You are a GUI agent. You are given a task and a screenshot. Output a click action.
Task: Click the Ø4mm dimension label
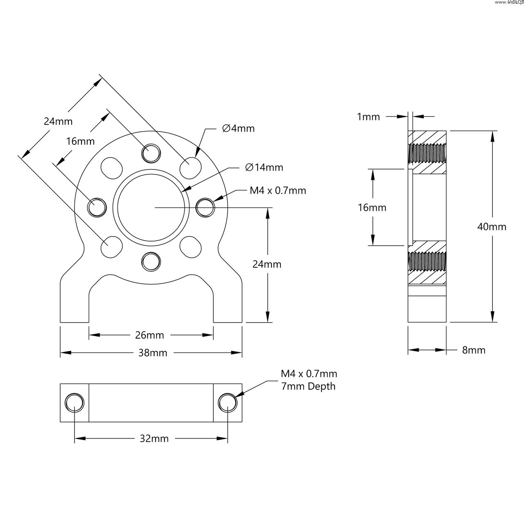click(x=238, y=129)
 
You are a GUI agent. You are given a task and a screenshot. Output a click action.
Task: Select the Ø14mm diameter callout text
click(x=264, y=167)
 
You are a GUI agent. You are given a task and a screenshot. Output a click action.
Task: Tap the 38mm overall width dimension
click(x=153, y=353)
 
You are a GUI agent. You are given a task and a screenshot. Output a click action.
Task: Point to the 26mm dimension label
click(x=149, y=335)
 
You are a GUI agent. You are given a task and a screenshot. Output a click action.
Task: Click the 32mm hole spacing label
click(x=154, y=439)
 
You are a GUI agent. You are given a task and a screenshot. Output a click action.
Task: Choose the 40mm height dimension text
click(x=492, y=227)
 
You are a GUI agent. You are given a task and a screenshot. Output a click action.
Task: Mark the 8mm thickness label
click(x=474, y=350)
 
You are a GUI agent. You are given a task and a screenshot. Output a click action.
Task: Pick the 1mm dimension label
click(x=368, y=117)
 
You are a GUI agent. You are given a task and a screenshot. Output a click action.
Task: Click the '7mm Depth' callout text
click(x=308, y=386)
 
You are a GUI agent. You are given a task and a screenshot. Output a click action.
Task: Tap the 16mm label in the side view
click(x=372, y=208)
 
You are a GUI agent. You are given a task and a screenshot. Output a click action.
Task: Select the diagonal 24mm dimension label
click(x=58, y=122)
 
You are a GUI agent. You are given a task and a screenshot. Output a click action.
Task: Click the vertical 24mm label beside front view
click(x=267, y=264)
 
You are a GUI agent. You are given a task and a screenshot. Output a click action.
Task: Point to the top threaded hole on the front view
click(x=150, y=153)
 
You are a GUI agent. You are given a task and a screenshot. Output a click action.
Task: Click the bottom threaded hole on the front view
click(x=150, y=261)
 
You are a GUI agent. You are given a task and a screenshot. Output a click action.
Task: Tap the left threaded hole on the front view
click(x=97, y=207)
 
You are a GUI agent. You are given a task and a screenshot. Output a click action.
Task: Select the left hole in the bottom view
click(x=75, y=403)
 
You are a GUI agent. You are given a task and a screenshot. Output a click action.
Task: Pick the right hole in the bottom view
click(x=228, y=403)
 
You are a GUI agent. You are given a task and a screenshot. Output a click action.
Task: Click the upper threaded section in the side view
click(x=427, y=152)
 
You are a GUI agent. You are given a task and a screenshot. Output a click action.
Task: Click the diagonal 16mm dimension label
click(x=80, y=142)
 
